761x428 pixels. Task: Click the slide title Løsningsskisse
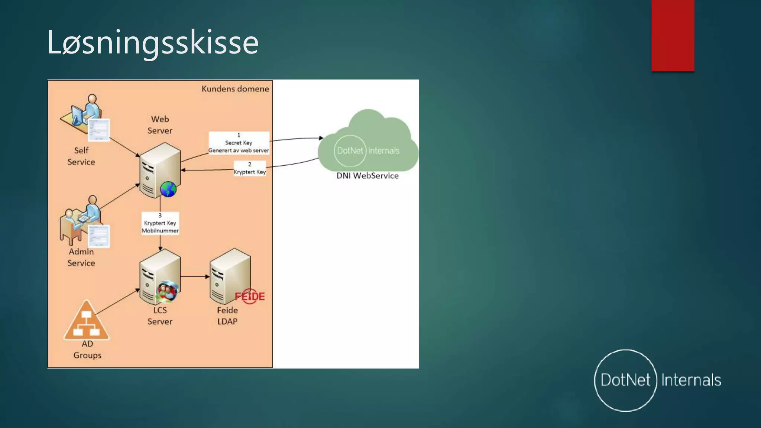pos(153,43)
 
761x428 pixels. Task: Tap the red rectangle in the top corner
pos(673,36)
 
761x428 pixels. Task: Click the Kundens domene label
pos(235,89)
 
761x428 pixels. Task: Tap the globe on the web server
pos(168,189)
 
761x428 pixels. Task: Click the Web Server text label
pos(160,125)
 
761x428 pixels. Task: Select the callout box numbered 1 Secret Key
pos(239,143)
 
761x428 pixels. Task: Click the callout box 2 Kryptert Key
pos(250,168)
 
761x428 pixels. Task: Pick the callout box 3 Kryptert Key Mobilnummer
pos(160,223)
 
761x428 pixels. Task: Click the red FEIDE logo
pos(250,296)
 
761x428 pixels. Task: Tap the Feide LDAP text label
pos(227,316)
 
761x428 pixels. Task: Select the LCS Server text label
pos(160,316)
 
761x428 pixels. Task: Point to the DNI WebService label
pos(367,176)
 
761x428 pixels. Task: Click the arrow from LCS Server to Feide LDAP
pos(195,276)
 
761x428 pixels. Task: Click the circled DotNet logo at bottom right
pos(626,380)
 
